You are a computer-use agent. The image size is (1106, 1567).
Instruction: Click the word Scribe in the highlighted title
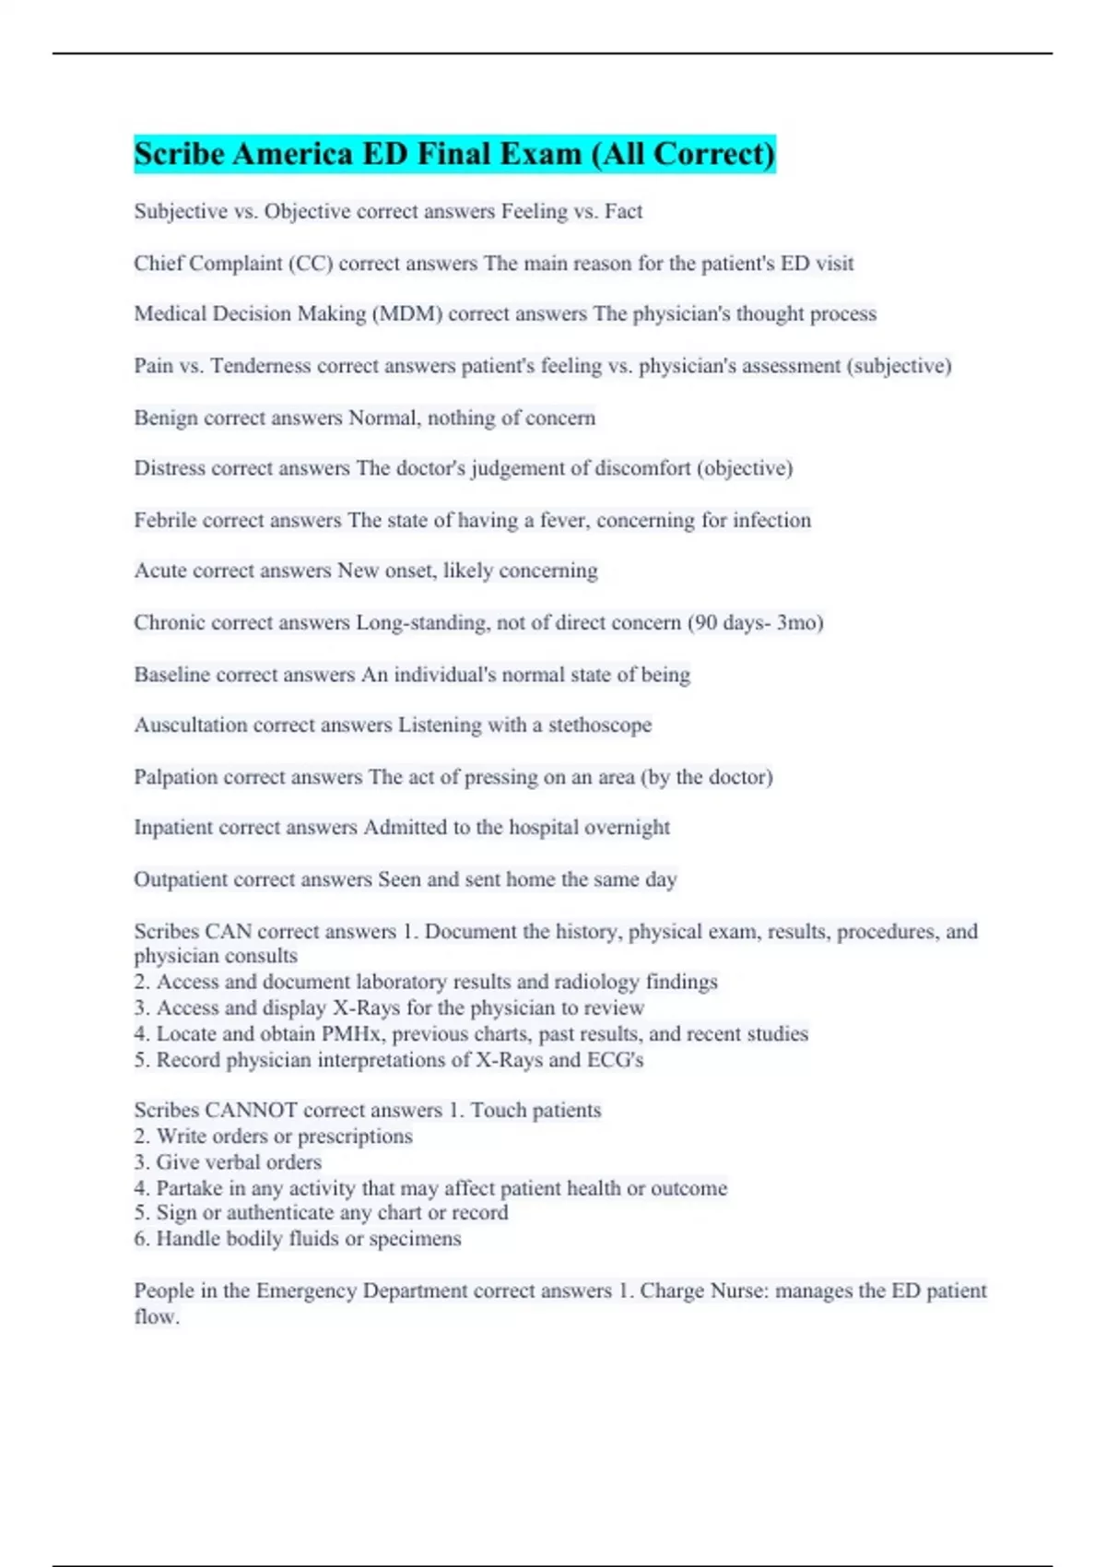(x=179, y=154)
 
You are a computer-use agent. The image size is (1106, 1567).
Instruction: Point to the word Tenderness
(x=261, y=366)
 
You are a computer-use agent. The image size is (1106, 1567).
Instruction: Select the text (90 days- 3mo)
(x=755, y=623)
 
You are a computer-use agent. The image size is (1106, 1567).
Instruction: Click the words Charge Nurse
(x=704, y=1291)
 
